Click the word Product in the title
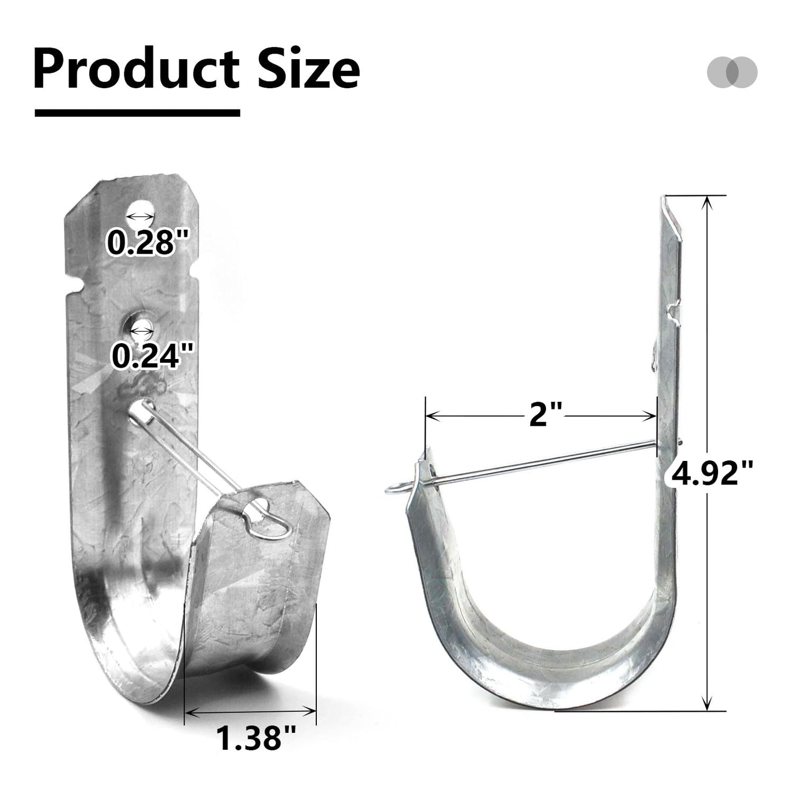(136, 68)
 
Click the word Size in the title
(309, 68)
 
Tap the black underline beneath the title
(137, 113)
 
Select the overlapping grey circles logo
(732, 72)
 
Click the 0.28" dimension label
(148, 242)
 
